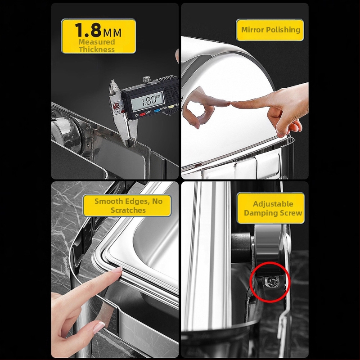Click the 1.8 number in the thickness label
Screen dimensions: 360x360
[88, 30]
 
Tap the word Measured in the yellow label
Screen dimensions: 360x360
[97, 42]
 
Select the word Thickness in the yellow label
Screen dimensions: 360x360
[97, 49]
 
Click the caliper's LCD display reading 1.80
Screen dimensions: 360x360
[147, 101]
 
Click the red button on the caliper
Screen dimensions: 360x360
[143, 113]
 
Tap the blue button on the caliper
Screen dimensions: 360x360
[157, 110]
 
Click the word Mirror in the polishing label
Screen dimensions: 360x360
[252, 30]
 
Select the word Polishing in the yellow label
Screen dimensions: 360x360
[283, 30]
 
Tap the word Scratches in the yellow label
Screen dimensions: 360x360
[128, 210]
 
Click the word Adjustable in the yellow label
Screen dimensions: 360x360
[273, 204]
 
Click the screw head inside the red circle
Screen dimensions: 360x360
[272, 282]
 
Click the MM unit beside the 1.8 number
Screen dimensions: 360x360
[112, 33]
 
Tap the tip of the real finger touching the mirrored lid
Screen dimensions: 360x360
[232, 104]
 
